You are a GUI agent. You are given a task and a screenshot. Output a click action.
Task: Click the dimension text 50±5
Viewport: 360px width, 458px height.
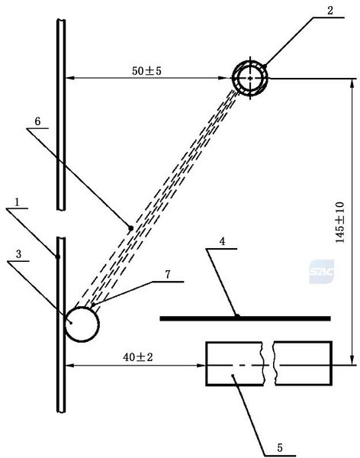146,71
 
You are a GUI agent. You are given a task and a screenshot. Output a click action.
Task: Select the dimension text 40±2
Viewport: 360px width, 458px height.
138,357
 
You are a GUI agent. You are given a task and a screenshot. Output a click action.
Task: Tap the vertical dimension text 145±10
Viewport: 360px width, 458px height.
340,222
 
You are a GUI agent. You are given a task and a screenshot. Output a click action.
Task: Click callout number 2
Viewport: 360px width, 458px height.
330,11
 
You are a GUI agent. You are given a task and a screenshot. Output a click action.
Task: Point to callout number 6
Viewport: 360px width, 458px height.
37,121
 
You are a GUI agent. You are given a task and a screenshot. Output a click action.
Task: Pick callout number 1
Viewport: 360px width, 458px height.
18,202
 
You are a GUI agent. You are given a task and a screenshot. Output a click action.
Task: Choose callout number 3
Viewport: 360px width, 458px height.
18,254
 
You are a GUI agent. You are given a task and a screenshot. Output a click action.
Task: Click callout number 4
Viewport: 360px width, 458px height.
223,241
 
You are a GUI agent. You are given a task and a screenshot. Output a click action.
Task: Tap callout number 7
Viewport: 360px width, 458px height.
168,275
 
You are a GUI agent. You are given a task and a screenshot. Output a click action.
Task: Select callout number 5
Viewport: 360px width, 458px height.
280,448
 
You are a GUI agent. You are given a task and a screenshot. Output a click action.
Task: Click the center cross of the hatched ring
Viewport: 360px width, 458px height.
250,78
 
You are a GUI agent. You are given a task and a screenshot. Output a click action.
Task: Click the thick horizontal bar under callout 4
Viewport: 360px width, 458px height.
246,318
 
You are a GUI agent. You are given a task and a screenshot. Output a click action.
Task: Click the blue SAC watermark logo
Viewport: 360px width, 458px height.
321,272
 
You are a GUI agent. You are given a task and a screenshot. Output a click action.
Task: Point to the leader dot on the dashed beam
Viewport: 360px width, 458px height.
131,228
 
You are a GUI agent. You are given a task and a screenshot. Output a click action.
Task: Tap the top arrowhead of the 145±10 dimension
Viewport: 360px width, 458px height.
352,83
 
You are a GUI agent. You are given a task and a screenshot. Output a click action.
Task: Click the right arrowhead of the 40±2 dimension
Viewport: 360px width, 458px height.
201,365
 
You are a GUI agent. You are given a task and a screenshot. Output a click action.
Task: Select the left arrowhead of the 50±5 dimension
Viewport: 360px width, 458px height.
69,78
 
